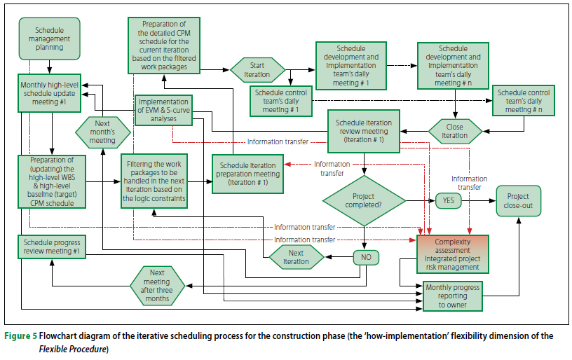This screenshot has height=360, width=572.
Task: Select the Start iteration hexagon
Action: pyautogui.click(x=258, y=71)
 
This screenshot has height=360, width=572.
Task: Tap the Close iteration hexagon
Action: pyautogui.click(x=455, y=130)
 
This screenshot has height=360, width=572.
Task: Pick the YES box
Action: pyautogui.click(x=449, y=200)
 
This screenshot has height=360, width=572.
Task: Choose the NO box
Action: pyautogui.click(x=365, y=258)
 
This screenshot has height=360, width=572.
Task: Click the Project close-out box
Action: pyautogui.click(x=518, y=201)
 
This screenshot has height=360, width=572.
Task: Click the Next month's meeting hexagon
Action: pyautogui.click(x=102, y=130)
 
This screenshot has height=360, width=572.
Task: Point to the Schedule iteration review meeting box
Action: pyautogui.click(x=364, y=130)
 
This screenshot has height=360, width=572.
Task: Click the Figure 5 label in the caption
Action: pyautogui.click(x=21, y=336)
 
